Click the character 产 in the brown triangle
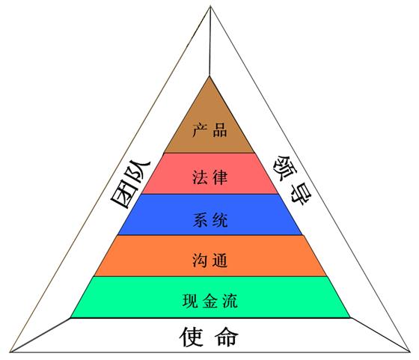coord(200,130)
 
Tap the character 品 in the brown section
coord(220,130)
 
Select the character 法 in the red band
coord(200,177)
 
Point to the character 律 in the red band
coord(220,177)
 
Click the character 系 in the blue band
coord(200,220)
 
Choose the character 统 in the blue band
coord(220,220)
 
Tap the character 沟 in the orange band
coord(200,260)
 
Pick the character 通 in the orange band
coord(220,260)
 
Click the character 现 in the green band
coord(190,301)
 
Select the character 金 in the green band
coord(210,301)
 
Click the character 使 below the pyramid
coord(191,337)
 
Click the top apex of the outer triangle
coord(210,7)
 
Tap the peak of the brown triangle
coord(209,76)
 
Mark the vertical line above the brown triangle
coord(210,41)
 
